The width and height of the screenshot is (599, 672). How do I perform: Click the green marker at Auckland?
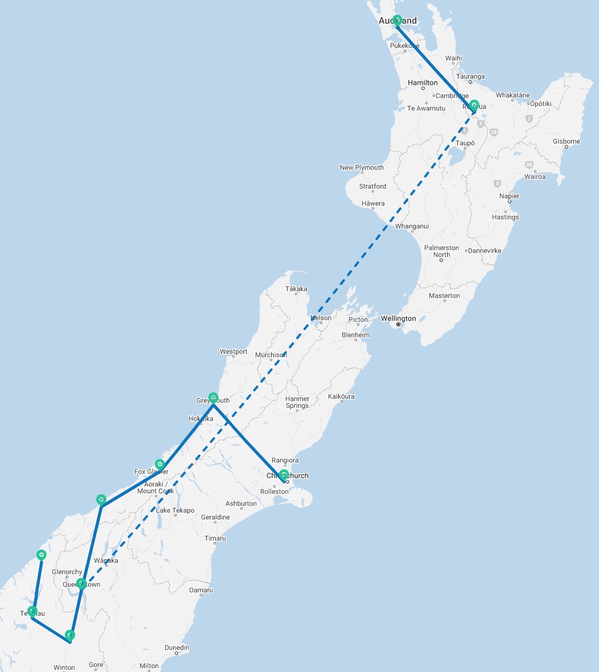(x=397, y=20)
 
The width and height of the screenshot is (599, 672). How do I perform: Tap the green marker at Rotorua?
(x=474, y=105)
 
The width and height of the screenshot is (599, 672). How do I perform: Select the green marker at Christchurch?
(x=284, y=474)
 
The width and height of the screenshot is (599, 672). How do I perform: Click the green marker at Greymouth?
(x=213, y=397)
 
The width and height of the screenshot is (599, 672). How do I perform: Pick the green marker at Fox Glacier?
(x=160, y=464)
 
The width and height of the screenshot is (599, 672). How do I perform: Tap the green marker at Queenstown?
(x=81, y=583)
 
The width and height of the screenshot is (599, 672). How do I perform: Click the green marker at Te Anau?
(x=32, y=611)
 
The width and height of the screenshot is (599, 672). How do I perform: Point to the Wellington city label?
(x=399, y=318)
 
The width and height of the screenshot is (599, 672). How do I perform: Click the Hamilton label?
(x=422, y=83)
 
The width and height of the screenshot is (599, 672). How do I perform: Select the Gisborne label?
(x=567, y=141)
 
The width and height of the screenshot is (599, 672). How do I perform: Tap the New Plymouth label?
(x=362, y=167)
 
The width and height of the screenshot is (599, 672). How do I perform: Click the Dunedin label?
(x=177, y=648)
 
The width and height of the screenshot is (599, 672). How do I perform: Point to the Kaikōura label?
(x=342, y=396)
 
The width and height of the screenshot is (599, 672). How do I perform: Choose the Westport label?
(x=233, y=351)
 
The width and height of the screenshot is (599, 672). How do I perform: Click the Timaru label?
(x=215, y=538)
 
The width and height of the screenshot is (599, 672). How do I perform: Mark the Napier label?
(x=509, y=196)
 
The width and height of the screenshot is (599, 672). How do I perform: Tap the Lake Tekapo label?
(x=175, y=510)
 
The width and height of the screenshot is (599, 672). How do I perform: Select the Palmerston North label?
(x=441, y=251)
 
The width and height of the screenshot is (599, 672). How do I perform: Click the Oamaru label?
(x=201, y=590)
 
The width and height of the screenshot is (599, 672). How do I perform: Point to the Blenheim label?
(x=356, y=335)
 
